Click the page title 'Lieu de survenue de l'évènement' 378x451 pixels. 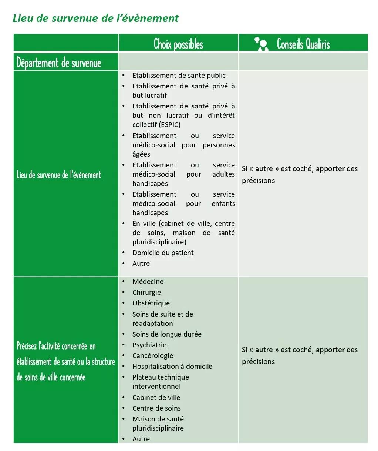tap(95, 18)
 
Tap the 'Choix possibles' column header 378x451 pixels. tap(178, 44)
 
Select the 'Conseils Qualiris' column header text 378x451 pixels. tap(303, 44)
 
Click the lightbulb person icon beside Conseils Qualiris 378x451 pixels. tap(261, 44)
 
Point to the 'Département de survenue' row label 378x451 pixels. tap(59, 63)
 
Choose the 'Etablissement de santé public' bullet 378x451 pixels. tap(179, 76)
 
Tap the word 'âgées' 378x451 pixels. tap(141, 154)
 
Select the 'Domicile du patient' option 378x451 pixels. tap(163, 253)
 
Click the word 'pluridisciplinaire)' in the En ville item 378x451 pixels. tap(159, 242)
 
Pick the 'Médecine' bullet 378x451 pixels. tap(148, 282)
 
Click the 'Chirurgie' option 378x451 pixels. tap(146, 293)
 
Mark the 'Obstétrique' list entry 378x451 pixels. tap(151, 303)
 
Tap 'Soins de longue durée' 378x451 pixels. tap(167, 334)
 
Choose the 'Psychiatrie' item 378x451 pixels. tap(149, 345)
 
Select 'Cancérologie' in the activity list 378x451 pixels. tap(152, 356)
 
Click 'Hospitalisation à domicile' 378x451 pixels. tap(172, 367)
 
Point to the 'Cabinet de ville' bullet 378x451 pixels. tap(156, 398)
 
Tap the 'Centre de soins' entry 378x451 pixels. tap(156, 408)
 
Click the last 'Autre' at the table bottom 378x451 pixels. tap(141, 439)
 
